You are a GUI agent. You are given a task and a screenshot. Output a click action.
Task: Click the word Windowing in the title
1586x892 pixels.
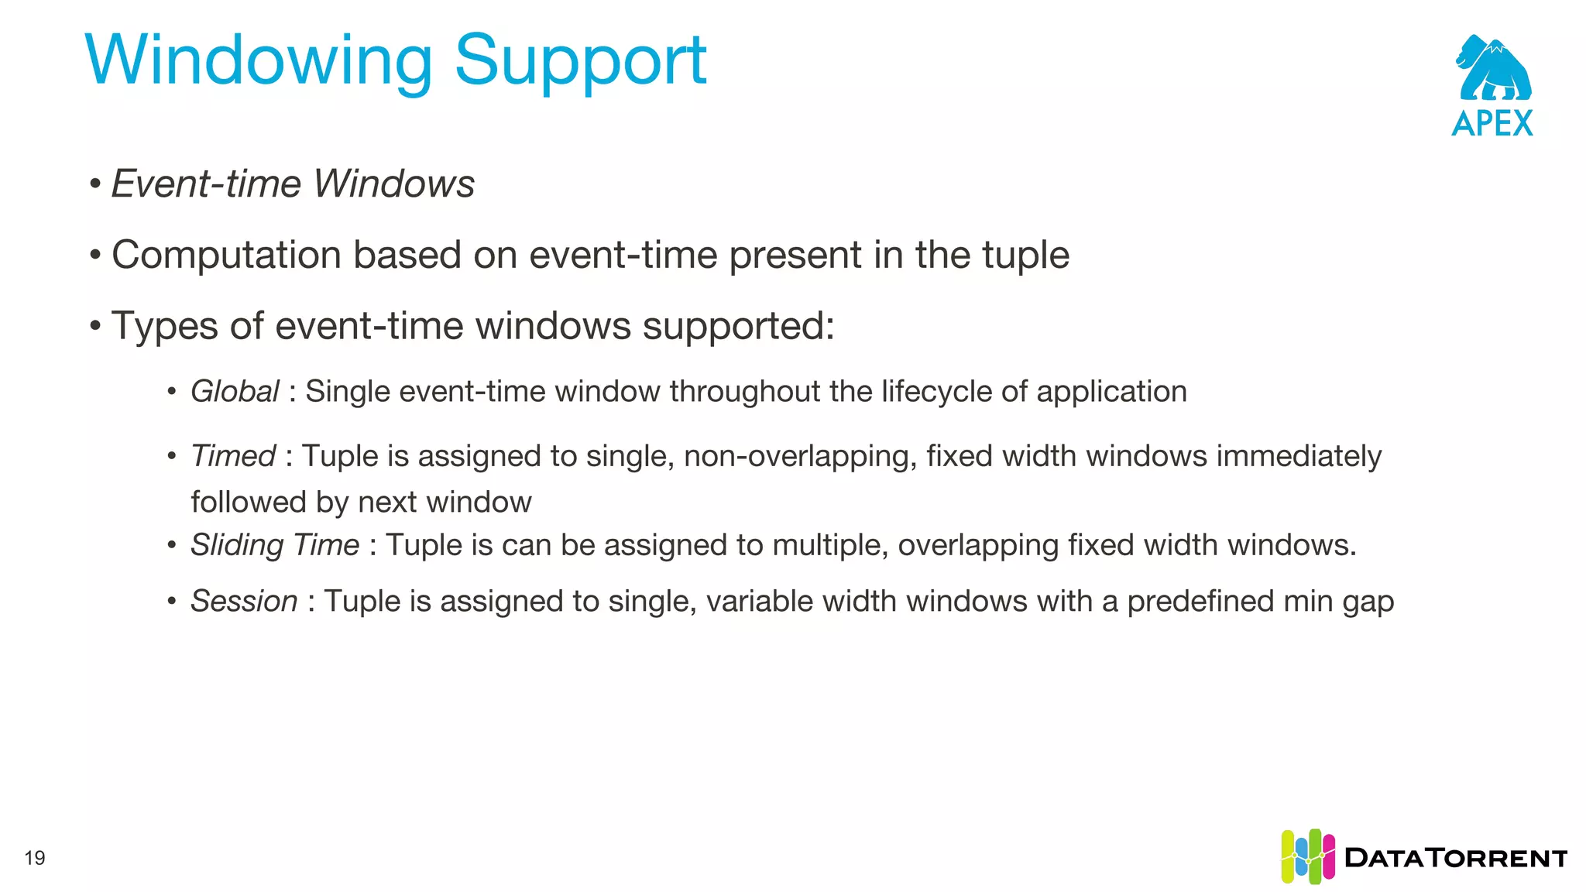tap(258, 62)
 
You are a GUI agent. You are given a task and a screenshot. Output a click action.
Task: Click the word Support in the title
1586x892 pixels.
tap(580, 62)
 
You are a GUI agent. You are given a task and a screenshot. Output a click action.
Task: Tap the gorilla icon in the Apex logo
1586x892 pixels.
tap(1493, 69)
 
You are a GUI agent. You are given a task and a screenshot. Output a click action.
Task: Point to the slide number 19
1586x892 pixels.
tap(35, 858)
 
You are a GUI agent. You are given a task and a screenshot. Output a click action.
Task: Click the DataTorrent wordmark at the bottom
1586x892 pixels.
tap(1456, 858)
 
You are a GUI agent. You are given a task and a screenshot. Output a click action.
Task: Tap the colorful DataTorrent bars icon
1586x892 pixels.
tap(1308, 856)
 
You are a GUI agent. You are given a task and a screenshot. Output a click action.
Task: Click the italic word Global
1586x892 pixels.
tap(235, 392)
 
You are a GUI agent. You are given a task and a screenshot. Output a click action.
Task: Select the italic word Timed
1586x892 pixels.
tap(233, 456)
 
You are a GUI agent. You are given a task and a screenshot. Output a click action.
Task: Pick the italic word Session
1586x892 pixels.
tap(244, 602)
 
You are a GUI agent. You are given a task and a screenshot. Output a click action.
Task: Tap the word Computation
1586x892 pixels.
tap(226, 256)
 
